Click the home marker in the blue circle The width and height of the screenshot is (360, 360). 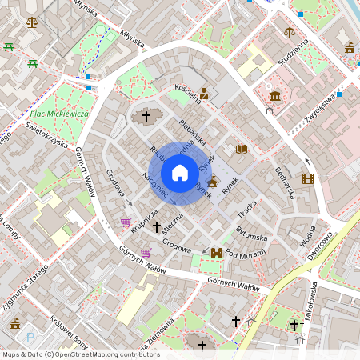click(x=180, y=172)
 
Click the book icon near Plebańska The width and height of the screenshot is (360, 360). click(x=242, y=149)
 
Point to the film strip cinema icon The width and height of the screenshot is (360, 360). click(x=308, y=178)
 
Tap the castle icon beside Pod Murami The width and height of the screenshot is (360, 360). click(x=216, y=253)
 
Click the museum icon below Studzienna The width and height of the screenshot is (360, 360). click(x=275, y=97)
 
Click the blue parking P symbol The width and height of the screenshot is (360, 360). click(x=30, y=337)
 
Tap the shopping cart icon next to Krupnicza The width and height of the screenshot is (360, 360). click(x=126, y=222)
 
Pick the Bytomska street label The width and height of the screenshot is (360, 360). click(x=252, y=234)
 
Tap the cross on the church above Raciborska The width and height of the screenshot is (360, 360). click(x=146, y=117)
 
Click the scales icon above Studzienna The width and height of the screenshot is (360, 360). click(x=289, y=33)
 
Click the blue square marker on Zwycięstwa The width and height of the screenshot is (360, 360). click(x=339, y=94)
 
